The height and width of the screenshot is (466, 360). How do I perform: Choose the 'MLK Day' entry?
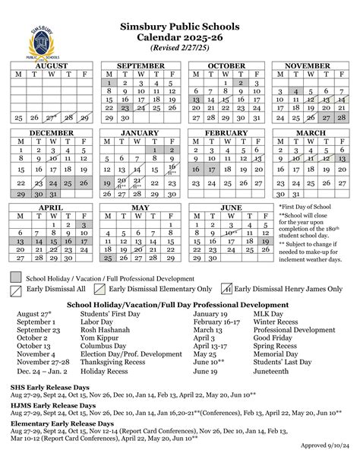pos(269,312)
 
